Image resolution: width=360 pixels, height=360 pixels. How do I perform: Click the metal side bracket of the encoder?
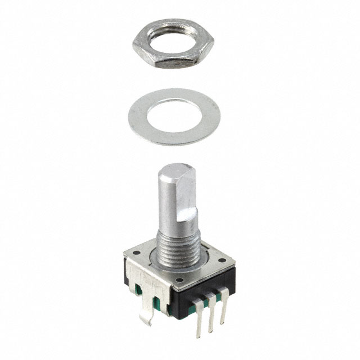(141, 281)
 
